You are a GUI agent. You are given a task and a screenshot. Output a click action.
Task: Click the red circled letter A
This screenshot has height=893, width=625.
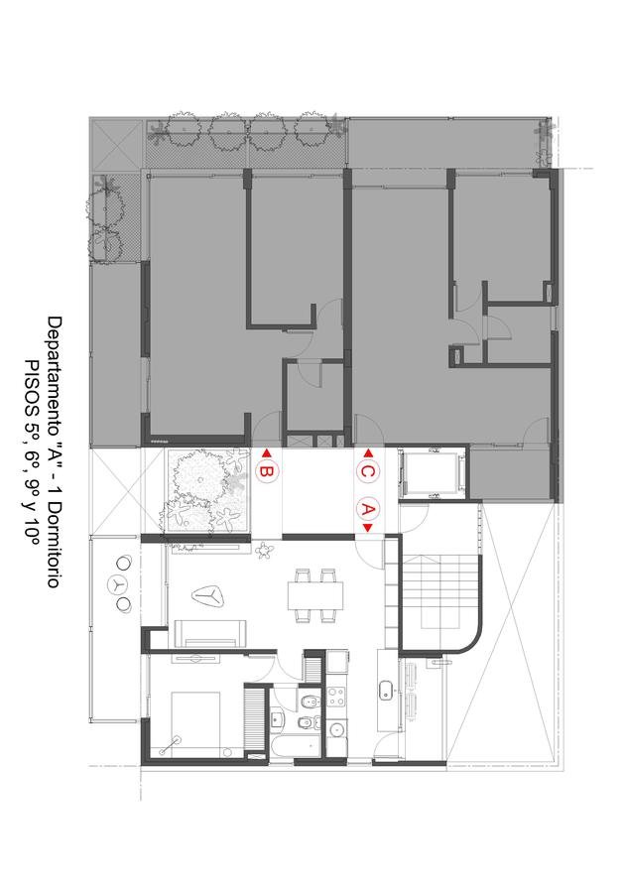[x=368, y=509]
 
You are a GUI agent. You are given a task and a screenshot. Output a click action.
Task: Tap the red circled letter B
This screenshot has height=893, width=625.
[x=267, y=472]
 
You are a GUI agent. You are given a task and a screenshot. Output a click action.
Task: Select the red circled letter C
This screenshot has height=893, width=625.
[x=368, y=472]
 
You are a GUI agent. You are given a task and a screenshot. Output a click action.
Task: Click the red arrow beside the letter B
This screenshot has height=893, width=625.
[x=265, y=453]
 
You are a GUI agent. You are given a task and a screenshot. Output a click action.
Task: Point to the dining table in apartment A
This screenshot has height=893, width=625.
[x=315, y=595]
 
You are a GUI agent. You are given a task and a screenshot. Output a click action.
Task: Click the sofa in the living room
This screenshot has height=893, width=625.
[x=210, y=634]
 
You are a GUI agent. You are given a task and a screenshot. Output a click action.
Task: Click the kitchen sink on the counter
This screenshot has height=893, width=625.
[x=387, y=690]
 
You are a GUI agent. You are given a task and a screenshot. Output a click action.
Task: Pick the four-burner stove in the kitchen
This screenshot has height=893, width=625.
[x=336, y=697]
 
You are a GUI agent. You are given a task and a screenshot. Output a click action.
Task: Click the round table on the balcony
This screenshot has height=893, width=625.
[x=119, y=584]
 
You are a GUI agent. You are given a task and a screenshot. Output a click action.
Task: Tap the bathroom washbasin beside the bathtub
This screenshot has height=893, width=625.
[x=276, y=719]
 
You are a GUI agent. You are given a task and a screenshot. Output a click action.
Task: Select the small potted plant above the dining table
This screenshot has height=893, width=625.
[x=265, y=550]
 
